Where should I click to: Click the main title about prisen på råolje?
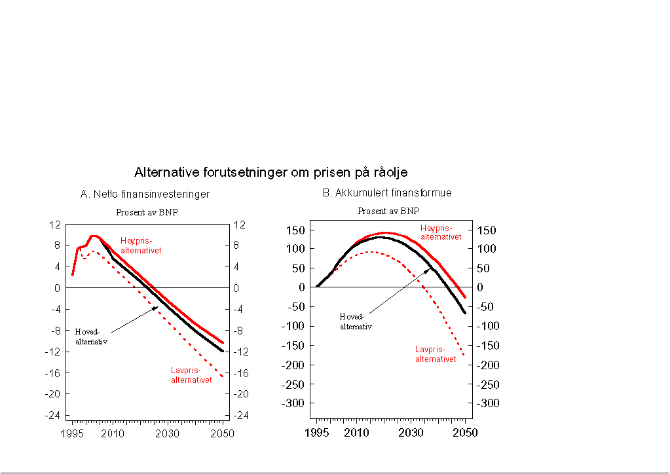tap(270, 173)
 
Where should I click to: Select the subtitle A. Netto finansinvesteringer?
tap(145, 194)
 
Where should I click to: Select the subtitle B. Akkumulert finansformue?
tap(386, 193)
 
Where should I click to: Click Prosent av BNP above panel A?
tap(147, 212)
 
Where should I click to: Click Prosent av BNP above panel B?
tap(388, 211)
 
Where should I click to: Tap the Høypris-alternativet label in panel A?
tap(141, 246)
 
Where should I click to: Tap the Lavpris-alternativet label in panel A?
tap(191, 375)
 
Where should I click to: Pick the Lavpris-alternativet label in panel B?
tap(436, 354)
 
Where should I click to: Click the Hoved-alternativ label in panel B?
tap(356, 321)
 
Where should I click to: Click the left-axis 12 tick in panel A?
tap(54, 225)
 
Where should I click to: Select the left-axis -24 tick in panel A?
tap(52, 415)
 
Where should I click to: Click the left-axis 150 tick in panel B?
tap(296, 230)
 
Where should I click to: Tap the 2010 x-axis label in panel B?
tap(356, 433)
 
